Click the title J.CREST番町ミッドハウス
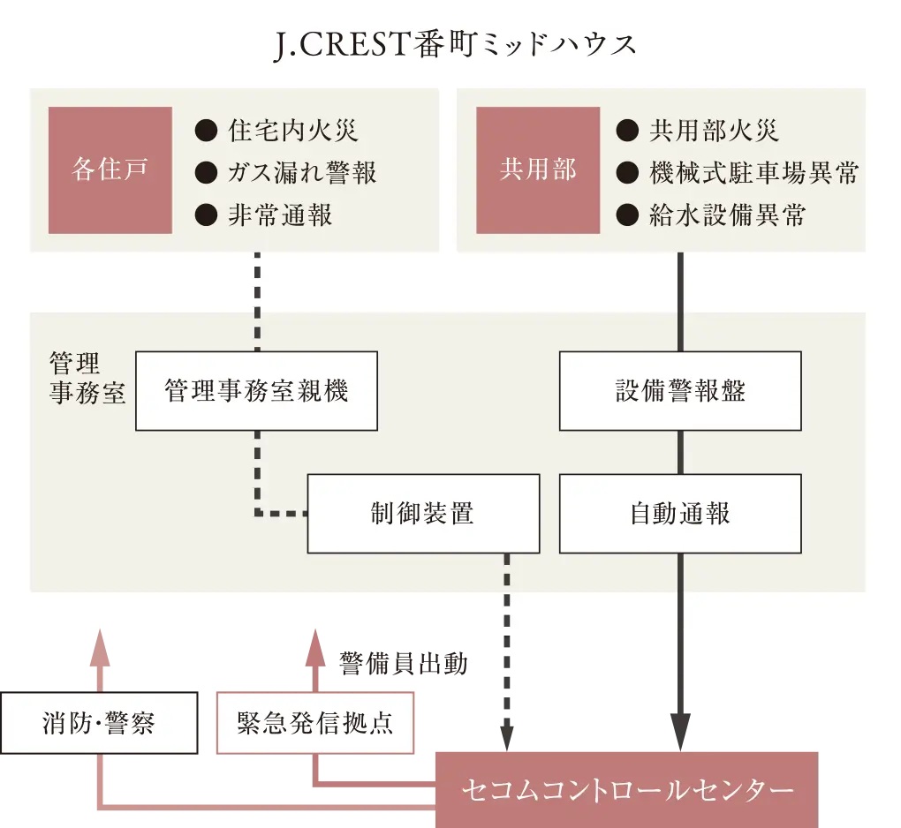455,45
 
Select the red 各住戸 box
110,170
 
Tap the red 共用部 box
537,170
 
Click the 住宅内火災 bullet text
292,132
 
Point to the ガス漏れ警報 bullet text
302,172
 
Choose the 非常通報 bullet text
280,215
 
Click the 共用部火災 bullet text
714,132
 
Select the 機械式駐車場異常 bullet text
753,172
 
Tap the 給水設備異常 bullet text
727,215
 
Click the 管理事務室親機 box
256,391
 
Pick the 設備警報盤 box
680,391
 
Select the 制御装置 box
423,514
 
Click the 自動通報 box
680,514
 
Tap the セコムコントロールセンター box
626,789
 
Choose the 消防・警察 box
99,723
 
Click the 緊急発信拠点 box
314,723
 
